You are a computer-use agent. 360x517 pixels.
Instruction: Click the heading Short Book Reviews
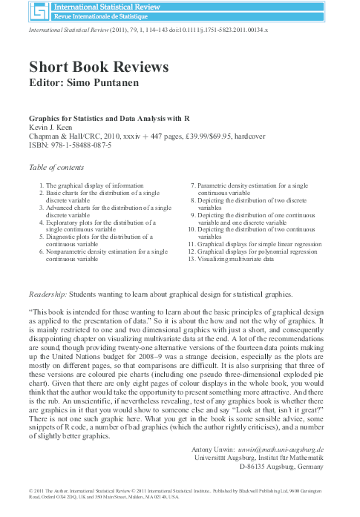pyautogui.click(x=99, y=67)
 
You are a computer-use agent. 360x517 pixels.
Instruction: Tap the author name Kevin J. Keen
pyautogui.click(x=52, y=128)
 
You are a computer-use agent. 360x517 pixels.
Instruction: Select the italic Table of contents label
pyautogui.click(x=56, y=167)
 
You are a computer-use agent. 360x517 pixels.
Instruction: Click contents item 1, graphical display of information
pyautogui.click(x=93, y=184)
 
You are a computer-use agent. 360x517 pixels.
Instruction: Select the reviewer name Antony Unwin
pyautogui.click(x=210, y=450)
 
